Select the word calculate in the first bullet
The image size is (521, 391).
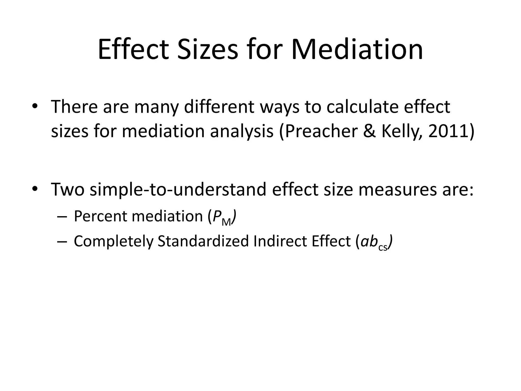[362, 107]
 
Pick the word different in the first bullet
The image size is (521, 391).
[219, 107]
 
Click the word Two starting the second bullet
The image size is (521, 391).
[68, 190]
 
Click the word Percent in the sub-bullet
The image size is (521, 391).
[101, 216]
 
